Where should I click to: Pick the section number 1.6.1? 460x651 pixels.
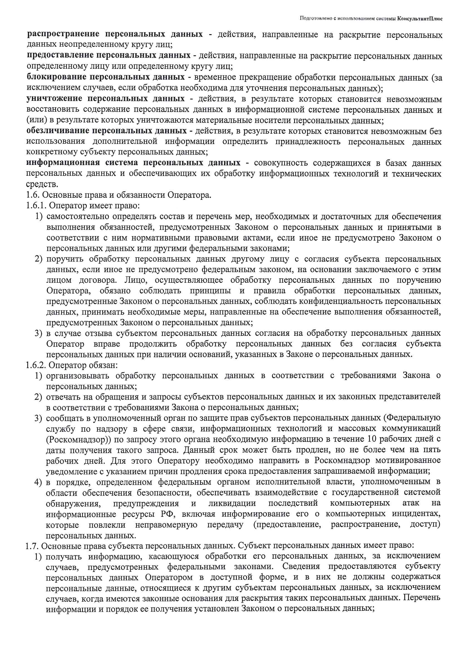pos(36,205)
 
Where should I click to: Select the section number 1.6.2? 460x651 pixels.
pos(36,365)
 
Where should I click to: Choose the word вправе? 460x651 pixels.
pos(107,344)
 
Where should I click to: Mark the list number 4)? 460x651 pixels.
pos(38,482)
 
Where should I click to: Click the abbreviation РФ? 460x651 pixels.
pos(167,514)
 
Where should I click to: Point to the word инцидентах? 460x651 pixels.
pos(416,513)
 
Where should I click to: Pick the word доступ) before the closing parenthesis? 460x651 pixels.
pos(425,524)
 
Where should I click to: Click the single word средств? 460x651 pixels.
pos(42,184)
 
